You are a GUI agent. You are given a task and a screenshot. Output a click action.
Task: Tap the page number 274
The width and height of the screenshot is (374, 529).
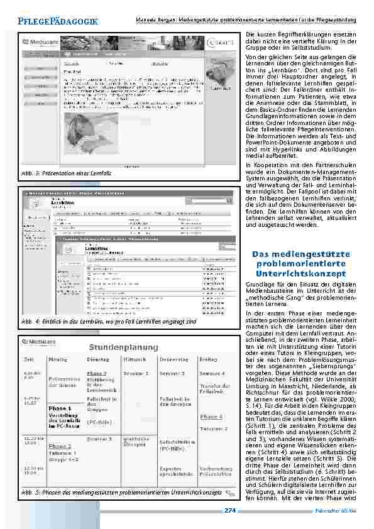[x=229, y=510]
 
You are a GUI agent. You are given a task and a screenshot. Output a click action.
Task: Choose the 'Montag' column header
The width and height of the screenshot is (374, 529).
[x=57, y=361]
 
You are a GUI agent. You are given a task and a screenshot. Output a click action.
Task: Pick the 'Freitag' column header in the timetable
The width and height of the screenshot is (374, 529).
[x=209, y=361]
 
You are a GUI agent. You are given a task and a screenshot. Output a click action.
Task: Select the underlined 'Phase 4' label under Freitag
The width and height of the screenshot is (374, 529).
[x=211, y=416]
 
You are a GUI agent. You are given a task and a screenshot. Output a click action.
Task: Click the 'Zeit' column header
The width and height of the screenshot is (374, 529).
[x=29, y=361]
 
